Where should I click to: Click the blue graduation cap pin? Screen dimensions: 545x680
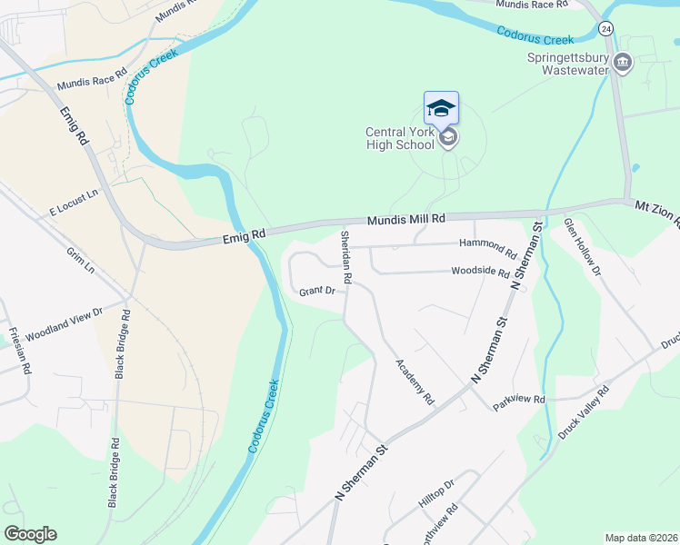coord(442,108)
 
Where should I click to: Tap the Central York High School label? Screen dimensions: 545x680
coord(400,138)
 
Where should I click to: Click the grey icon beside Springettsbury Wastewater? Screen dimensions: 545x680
coord(623,62)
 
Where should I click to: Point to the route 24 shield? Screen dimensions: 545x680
coord(606,29)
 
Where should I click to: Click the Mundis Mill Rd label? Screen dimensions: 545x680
coord(406,220)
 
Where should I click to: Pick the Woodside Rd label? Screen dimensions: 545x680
coord(480,272)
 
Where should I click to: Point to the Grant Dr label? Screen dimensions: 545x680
coord(317,291)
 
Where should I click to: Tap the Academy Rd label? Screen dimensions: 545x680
coord(415,381)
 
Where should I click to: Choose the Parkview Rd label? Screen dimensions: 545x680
coord(519,400)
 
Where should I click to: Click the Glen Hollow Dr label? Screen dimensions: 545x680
coord(583,246)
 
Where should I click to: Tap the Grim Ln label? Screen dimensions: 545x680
coord(80,261)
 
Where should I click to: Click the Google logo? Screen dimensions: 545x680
coord(31,533)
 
